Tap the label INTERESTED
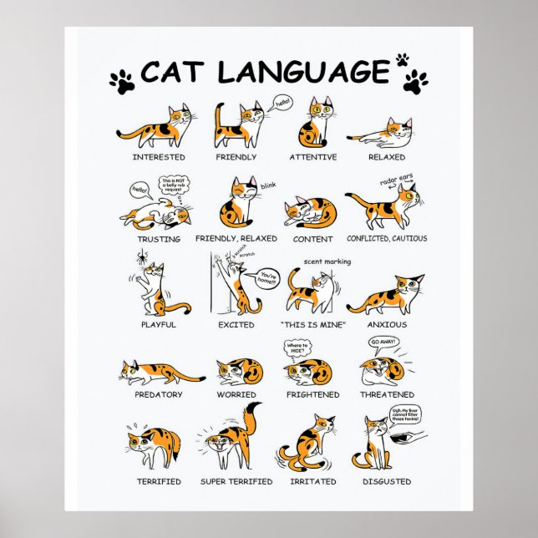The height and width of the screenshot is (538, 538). (158, 157)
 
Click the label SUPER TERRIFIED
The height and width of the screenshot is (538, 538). (236, 482)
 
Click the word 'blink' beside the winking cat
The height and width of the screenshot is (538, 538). (267, 184)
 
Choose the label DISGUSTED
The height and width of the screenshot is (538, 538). (387, 482)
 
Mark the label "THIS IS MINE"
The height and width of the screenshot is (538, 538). (312, 325)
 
